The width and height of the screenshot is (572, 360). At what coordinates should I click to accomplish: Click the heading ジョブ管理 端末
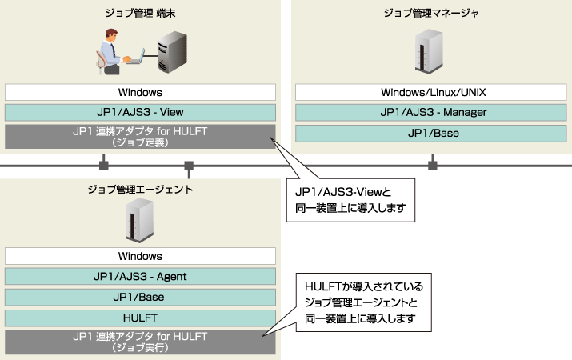point(140,13)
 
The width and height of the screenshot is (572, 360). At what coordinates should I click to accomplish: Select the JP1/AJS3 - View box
point(140,113)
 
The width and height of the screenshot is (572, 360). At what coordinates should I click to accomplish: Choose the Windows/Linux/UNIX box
point(433,92)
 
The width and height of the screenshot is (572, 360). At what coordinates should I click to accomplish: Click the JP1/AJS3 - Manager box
point(433,113)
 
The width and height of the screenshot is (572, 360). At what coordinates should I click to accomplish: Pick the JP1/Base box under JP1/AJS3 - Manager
point(433,133)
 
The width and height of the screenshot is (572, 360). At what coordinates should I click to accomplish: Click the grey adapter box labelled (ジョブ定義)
point(140,137)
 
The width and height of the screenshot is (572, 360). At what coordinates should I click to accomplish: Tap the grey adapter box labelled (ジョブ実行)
point(140,342)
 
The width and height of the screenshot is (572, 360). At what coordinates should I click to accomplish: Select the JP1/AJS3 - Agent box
point(140,277)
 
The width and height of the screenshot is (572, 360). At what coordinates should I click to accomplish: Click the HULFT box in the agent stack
point(140,318)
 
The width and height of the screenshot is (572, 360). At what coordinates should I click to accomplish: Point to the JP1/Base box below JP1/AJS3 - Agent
point(140,297)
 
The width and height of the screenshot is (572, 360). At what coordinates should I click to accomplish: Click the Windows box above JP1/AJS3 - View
point(140,92)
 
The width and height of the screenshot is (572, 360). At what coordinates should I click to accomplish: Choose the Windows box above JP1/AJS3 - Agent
point(140,256)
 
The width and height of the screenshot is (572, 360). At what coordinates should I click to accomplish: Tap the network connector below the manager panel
point(433,166)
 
